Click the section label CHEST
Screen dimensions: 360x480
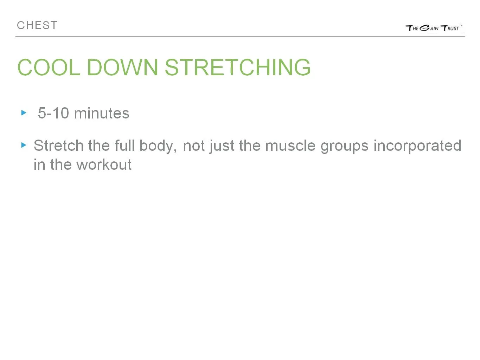pyautogui.click(x=37, y=26)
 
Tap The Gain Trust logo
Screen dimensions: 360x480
pyautogui.click(x=433, y=28)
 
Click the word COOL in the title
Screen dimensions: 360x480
pyautogui.click(x=49, y=67)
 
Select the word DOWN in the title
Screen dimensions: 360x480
pyautogui.click(x=122, y=67)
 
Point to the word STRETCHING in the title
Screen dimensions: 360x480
pyautogui.click(x=237, y=67)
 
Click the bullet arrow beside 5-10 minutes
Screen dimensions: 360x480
pyautogui.click(x=24, y=113)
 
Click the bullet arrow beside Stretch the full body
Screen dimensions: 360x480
pyautogui.click(x=24, y=145)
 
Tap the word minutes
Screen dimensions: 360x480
pyautogui.click(x=102, y=113)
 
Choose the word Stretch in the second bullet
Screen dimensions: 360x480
pyautogui.click(x=58, y=146)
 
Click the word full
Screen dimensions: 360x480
pyautogui.click(x=124, y=146)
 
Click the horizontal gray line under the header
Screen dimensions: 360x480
pyautogui.click(x=240, y=37)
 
